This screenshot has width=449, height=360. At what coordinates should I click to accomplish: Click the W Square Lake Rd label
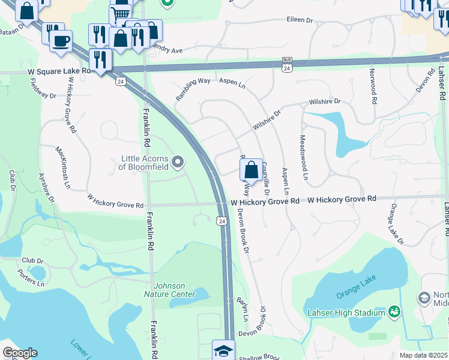(x=59, y=71)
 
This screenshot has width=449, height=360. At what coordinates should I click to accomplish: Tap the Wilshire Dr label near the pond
(x=324, y=102)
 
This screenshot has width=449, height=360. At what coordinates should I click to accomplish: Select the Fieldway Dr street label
(x=43, y=90)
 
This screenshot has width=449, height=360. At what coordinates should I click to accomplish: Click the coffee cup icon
(x=60, y=41)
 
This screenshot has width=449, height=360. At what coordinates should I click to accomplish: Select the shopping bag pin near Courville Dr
(x=252, y=170)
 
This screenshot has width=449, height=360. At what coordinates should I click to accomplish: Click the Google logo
(x=19, y=353)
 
